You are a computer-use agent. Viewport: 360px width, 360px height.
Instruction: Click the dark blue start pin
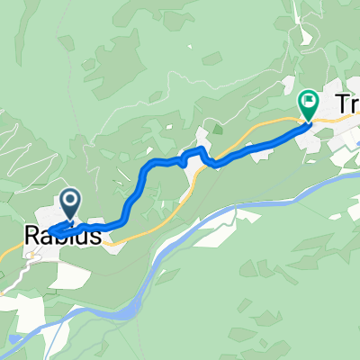71,202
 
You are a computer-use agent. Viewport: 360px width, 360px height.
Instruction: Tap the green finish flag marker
308,106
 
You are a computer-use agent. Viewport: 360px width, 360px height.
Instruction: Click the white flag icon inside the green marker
308,102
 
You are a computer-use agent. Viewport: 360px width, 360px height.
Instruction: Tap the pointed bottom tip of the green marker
308,121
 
